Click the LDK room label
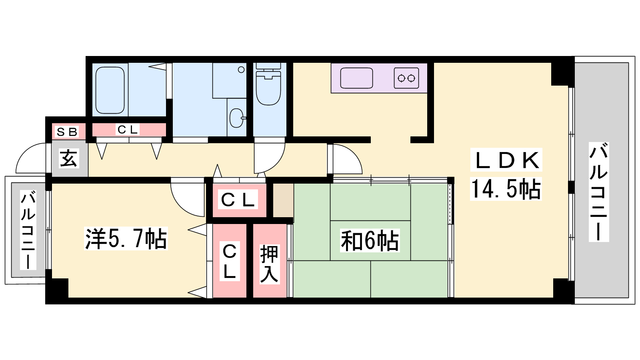coord(506,160)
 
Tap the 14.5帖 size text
coord(506,189)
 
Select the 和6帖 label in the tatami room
coord(370,241)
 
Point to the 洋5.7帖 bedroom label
coord(126,238)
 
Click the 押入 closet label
coord(269,264)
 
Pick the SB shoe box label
coord(67,132)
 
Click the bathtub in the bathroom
coord(110,90)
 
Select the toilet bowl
coord(268,88)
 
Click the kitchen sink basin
coord(356,78)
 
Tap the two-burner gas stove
coord(406,78)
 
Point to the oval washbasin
coord(236,118)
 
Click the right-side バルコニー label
coord(598,192)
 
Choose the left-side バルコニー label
coord(28,230)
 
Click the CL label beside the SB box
coord(128,130)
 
